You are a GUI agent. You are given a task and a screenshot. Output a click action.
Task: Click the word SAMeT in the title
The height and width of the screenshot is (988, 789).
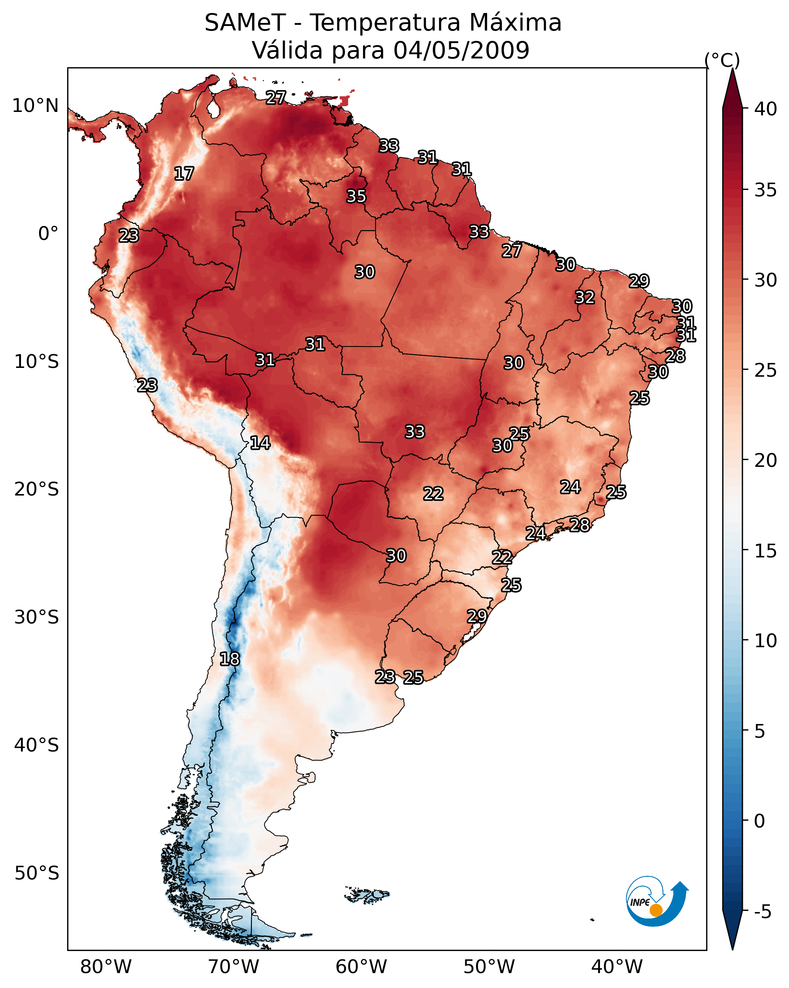coord(245,23)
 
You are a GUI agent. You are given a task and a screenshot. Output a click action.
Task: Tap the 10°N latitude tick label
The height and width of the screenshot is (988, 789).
coord(35,106)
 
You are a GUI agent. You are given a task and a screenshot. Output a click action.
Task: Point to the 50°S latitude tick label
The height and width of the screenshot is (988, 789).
coord(37,873)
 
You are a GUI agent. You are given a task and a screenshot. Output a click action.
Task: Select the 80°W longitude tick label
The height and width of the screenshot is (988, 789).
coord(106,967)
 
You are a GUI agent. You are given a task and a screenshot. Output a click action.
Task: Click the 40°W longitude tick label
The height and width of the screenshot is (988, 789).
coord(617,967)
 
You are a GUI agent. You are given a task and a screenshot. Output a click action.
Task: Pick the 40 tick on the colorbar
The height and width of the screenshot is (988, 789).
coord(766,109)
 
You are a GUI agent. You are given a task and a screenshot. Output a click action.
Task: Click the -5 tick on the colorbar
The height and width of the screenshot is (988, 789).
coord(762,912)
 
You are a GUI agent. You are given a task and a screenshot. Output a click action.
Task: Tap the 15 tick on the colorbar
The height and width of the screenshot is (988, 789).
coord(766,551)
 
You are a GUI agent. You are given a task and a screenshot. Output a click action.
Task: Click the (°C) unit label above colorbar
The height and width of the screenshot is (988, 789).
coord(722,60)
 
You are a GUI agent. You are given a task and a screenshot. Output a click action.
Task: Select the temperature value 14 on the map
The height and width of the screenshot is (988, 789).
coord(260,443)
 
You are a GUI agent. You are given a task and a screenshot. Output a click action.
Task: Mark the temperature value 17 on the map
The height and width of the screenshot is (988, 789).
coord(184,174)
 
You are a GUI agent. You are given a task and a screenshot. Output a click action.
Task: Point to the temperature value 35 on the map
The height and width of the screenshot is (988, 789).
coord(356,196)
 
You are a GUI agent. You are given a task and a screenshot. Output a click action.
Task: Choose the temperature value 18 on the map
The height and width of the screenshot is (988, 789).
coord(229,659)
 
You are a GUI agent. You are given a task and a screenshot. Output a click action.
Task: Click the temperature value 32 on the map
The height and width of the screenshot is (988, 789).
coord(585,297)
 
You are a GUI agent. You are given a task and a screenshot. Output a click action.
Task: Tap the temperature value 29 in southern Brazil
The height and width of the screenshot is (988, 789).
coord(477,616)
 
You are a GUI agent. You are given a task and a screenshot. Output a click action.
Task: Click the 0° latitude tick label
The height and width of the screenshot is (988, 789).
coord(48,234)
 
